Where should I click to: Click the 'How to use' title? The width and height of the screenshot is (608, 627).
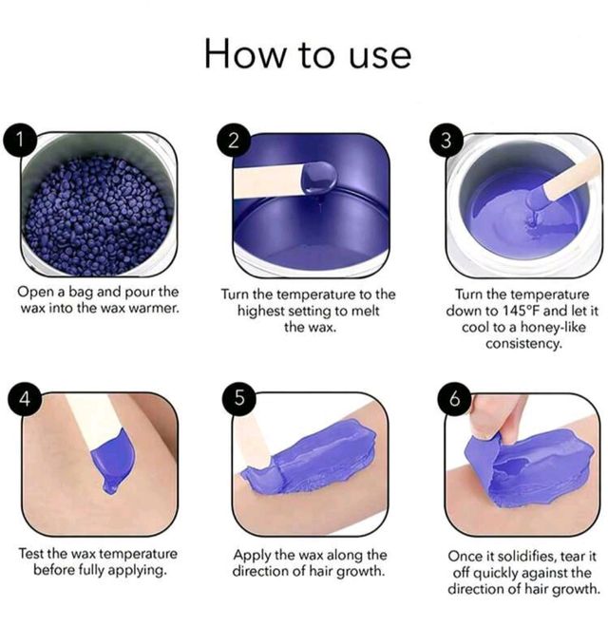click(308, 54)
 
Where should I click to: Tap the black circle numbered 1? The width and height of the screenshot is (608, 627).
click(20, 140)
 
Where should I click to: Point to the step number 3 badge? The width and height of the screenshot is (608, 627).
click(446, 141)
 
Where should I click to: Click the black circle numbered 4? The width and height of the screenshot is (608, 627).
click(25, 399)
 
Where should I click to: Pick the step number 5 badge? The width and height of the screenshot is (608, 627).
click(239, 398)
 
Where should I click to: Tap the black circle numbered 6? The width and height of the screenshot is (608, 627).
click(454, 399)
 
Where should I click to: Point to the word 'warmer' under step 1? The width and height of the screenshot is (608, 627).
click(155, 309)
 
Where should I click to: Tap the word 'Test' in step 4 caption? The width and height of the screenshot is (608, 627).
click(31, 554)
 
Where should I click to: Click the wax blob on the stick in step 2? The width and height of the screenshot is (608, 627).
click(319, 177)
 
